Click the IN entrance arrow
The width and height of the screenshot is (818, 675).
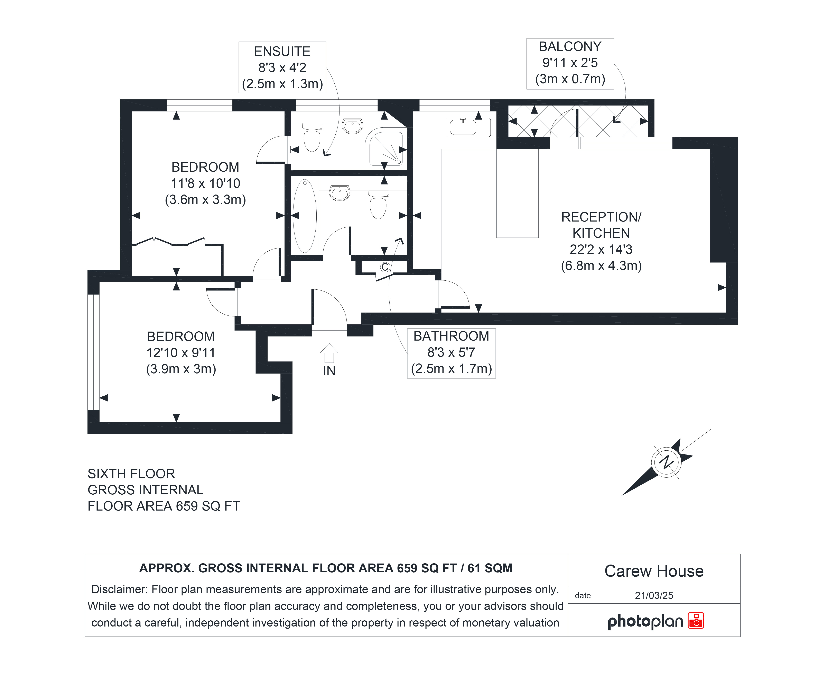tap(329, 353)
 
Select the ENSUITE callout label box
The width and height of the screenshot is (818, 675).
tap(282, 67)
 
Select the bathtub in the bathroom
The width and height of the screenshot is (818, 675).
tap(305, 216)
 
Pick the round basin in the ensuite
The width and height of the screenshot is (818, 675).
tap(352, 126)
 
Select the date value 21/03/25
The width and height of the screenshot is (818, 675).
tap(654, 595)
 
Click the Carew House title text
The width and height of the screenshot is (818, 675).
tap(654, 571)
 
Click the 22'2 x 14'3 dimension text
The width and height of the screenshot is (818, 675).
tap(601, 249)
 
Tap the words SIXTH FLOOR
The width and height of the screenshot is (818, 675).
tap(131, 474)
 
